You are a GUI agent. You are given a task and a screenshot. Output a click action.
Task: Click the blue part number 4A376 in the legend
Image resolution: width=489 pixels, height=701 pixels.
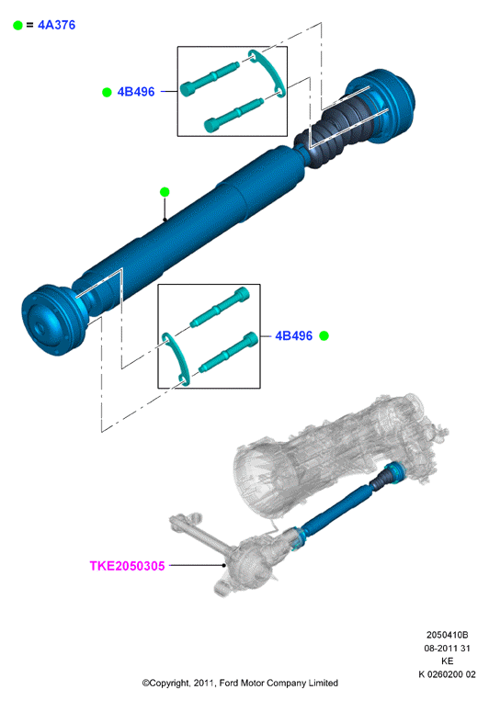coord(56,25)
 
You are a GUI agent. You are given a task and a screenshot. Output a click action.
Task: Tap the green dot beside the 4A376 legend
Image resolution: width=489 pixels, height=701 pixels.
coord(17,26)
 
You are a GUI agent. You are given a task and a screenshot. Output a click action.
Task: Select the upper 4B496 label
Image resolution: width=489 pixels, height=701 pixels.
coord(135,92)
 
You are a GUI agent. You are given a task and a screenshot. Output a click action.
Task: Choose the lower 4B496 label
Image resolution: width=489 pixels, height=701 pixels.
coord(293,335)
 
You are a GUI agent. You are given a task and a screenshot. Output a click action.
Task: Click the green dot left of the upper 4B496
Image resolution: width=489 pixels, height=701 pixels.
coord(107,92)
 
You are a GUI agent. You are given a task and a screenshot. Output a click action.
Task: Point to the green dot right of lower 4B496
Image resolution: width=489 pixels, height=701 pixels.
coord(324,335)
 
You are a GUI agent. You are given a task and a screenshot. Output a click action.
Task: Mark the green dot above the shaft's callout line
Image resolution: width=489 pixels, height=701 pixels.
coord(165,192)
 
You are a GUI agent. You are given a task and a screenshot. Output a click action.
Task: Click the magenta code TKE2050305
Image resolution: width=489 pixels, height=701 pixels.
coord(127,566)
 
